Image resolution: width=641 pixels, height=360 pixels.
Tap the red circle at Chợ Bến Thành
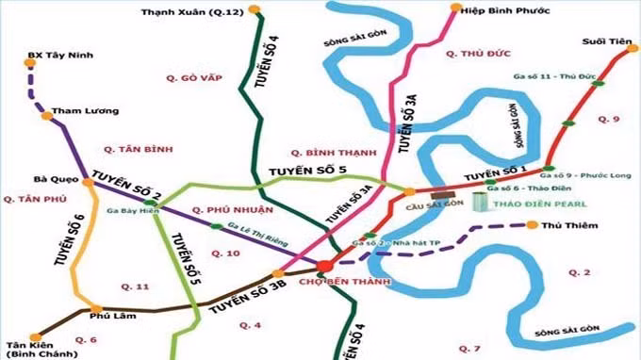coord(326,266)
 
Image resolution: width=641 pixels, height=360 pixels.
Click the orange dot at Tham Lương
coord(46,116)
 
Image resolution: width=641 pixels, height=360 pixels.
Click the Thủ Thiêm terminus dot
coord(533,225)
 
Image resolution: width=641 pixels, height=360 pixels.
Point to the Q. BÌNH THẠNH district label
coord(328,152)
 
